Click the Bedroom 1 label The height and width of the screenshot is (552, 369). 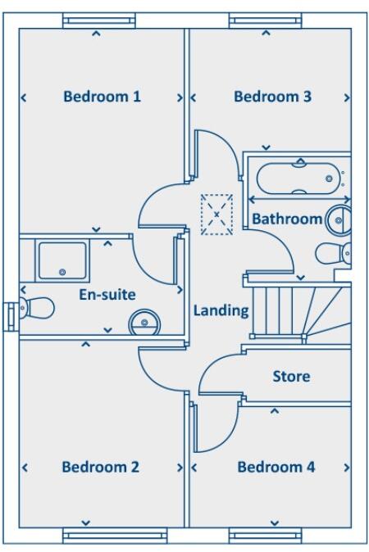[102, 97]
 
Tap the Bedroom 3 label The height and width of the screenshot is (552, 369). [272, 97]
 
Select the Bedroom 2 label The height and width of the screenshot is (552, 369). [100, 468]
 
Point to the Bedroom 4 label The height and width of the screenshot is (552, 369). [276, 468]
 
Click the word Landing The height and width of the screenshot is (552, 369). [221, 310]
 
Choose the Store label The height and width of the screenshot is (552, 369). [291, 377]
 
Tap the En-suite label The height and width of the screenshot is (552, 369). [107, 294]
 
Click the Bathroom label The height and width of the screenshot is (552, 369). [286, 219]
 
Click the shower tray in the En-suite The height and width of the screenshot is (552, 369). [62, 260]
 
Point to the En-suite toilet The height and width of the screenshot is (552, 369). [36, 308]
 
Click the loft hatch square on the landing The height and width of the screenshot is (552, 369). [217, 215]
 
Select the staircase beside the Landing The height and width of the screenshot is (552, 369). [298, 310]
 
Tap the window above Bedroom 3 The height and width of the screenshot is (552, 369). [263, 20]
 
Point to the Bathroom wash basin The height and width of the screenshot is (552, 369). [339, 219]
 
